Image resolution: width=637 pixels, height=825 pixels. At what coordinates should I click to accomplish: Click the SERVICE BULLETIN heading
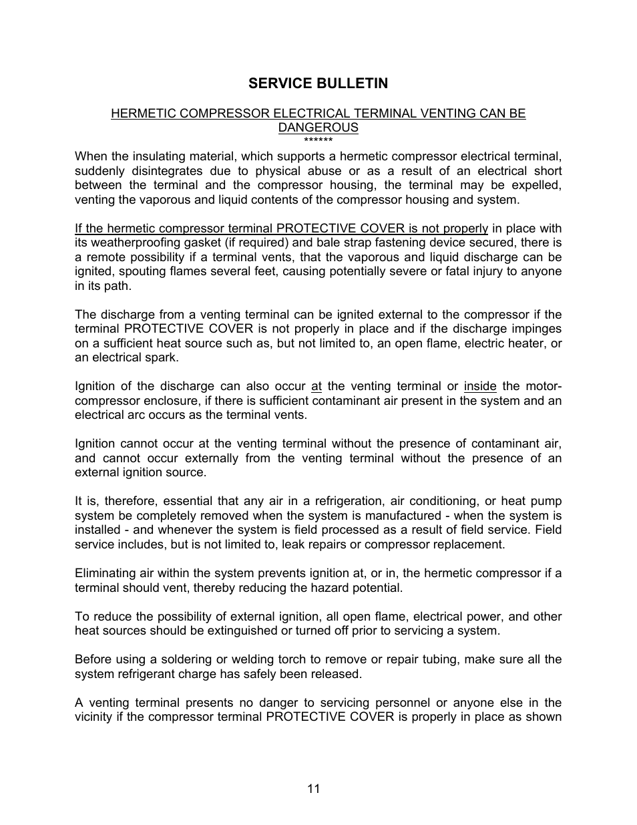(318, 84)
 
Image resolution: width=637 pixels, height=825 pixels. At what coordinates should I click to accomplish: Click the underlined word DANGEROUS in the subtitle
(318, 128)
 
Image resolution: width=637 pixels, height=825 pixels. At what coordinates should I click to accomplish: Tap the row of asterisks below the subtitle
(318, 140)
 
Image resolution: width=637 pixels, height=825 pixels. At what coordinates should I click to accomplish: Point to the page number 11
(314, 789)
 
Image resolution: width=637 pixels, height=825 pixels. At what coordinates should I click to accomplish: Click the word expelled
(538, 186)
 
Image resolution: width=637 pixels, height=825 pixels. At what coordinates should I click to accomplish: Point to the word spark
(144, 357)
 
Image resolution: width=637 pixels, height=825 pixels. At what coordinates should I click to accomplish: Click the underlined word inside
(480, 386)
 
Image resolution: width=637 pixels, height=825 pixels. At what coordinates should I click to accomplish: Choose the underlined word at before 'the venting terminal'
(316, 386)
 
